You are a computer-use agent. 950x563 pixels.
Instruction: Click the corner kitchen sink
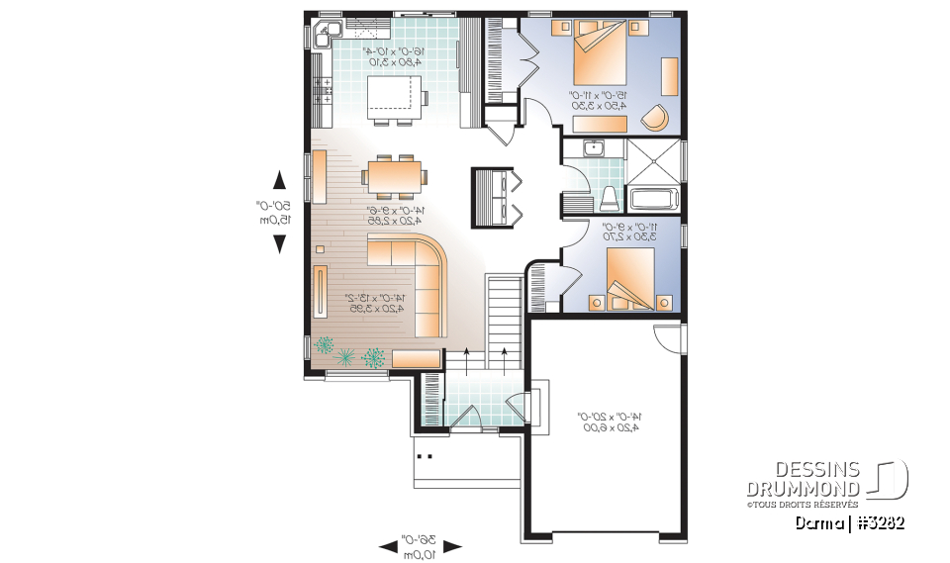click(324, 36)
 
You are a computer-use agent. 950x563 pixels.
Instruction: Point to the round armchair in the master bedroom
click(654, 116)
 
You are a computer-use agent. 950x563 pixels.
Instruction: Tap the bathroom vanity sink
click(594, 148)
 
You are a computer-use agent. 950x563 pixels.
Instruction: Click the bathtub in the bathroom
click(652, 199)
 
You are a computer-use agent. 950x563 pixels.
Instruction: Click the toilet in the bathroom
click(610, 197)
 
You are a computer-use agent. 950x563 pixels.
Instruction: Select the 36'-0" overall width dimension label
click(421, 546)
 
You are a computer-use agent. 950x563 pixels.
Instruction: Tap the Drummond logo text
click(804, 479)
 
